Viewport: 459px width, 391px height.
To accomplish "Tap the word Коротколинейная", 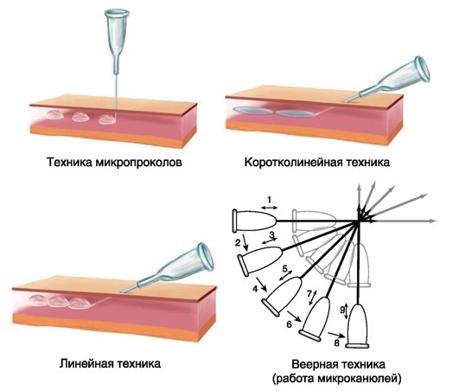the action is point(293,162).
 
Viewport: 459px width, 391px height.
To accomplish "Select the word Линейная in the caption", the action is point(86,364).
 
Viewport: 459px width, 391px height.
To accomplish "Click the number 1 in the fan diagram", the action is point(270,200).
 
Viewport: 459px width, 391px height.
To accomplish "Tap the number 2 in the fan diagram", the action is point(238,242).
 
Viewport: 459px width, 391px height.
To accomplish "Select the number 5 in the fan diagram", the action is point(285,268).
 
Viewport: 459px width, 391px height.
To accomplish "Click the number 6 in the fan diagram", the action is point(289,324).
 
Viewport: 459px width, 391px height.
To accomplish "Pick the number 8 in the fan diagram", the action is point(336,343).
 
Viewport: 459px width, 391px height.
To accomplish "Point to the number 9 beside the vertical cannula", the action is point(342,311).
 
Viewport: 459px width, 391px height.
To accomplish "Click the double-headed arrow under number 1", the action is point(270,208).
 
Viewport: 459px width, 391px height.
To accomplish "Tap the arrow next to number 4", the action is point(262,284).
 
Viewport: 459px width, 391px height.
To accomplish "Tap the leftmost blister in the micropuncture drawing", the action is point(54,115).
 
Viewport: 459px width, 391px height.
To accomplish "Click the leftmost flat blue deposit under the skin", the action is point(253,111).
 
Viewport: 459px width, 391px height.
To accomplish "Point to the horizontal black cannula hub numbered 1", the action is point(254,221).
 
